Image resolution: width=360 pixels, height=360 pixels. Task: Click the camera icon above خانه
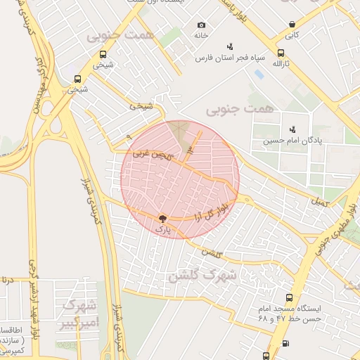pyautogui.click(x=202, y=25)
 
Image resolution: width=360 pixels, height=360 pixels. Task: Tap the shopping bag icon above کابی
pyautogui.click(x=291, y=25)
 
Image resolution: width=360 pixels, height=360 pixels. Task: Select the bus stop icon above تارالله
pyautogui.click(x=281, y=53)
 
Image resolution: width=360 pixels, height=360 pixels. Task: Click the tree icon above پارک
pyautogui.click(x=162, y=219)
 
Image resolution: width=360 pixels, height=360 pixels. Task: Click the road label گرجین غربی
pyautogui.click(x=150, y=154)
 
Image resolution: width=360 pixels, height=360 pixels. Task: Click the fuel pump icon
pyautogui.click(x=285, y=344)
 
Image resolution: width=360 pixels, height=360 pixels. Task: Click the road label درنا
pyautogui.click(x=6, y=280)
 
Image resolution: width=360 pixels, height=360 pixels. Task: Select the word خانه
pyautogui.click(x=202, y=35)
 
